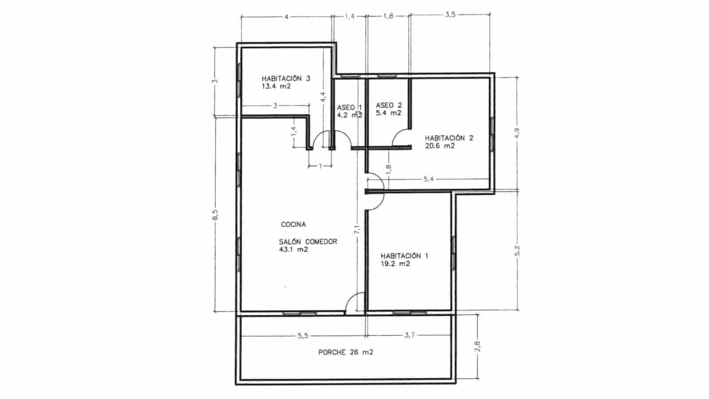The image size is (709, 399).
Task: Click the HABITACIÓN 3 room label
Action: tap(285, 78)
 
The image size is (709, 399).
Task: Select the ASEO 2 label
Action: tap(389, 106)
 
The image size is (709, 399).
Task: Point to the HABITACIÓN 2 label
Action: tap(449, 138)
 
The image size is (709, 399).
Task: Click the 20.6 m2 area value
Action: tap(440, 146)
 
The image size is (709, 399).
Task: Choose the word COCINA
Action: tap(293, 225)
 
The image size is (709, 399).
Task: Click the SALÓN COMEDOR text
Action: tap(308, 242)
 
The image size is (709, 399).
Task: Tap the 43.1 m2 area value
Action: tap(293, 250)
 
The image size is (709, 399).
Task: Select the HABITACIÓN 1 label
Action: tap(404, 256)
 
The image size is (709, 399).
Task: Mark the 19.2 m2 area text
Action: tap(395, 264)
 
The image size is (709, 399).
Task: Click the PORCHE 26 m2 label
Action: tap(346, 352)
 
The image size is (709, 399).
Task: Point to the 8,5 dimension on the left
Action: tap(215, 214)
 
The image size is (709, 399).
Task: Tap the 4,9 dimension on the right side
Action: tap(517, 133)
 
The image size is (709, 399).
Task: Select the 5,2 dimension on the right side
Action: tap(517, 250)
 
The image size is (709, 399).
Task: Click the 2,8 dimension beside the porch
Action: tap(478, 346)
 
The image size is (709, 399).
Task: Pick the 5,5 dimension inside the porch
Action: tap(303, 336)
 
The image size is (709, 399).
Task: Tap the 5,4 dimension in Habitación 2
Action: tap(429, 179)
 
